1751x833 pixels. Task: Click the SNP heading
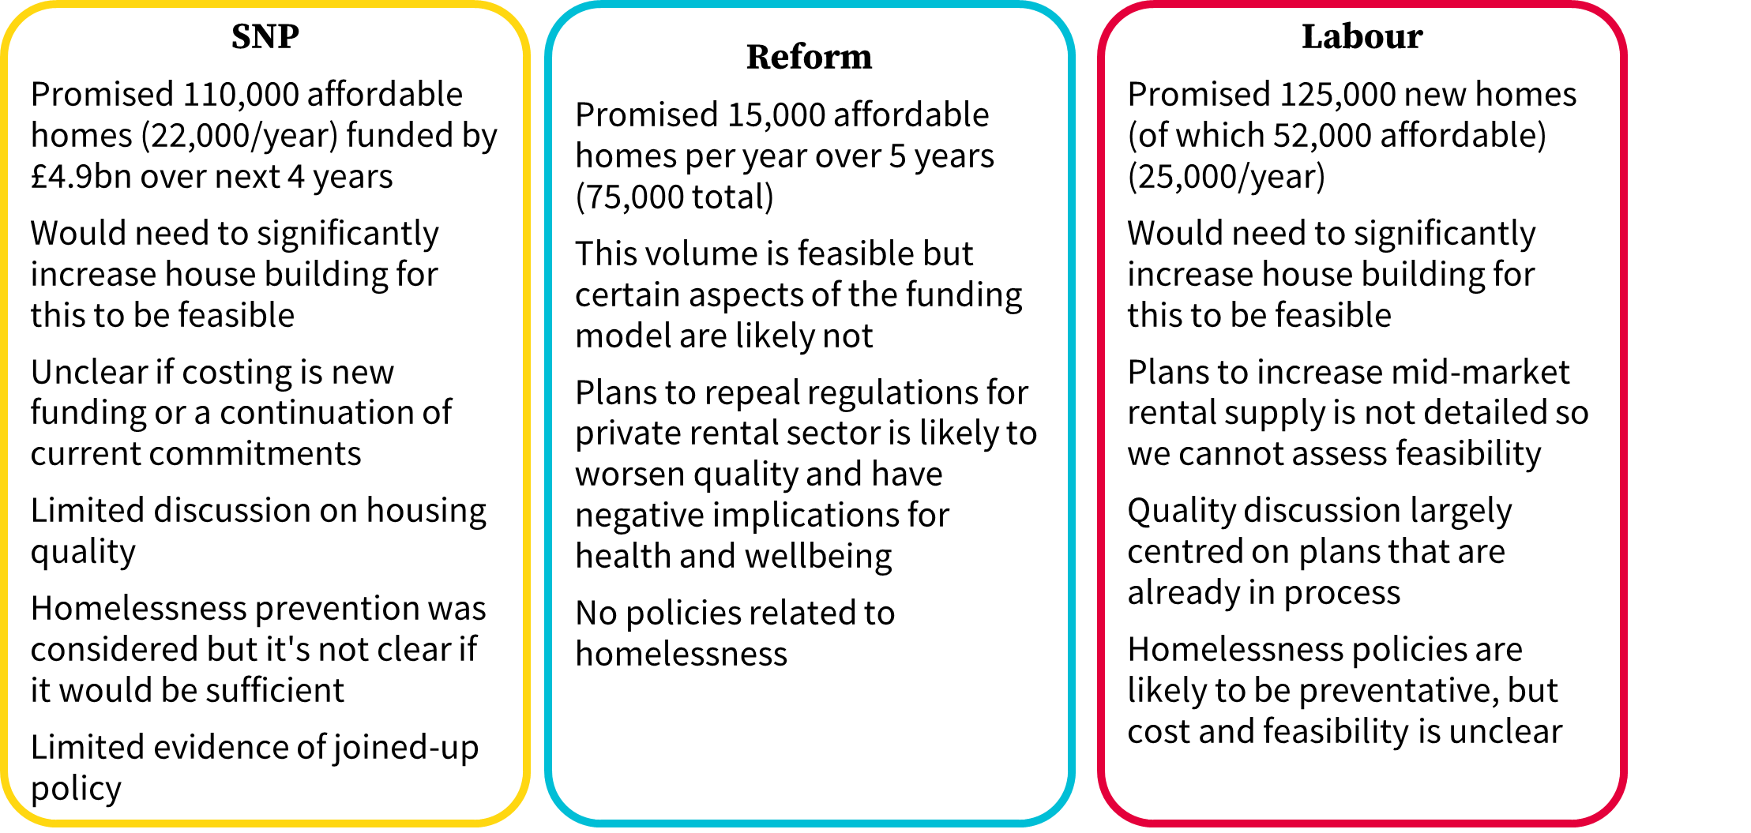pyautogui.click(x=265, y=36)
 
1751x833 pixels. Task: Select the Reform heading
pyautogui.click(x=810, y=57)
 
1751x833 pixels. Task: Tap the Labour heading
pyautogui.click(x=1362, y=36)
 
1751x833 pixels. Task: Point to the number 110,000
pyautogui.click(x=241, y=95)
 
